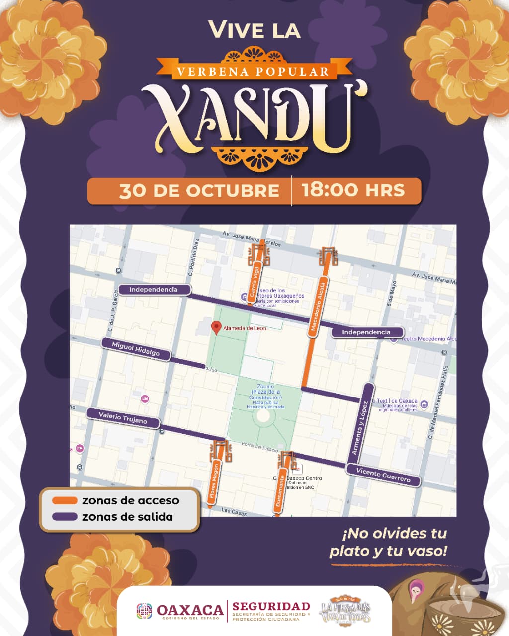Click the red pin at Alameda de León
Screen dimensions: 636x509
(216, 327)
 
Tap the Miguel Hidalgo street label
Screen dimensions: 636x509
(136, 349)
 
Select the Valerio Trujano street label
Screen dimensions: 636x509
(123, 418)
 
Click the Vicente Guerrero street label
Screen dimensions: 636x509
(383, 475)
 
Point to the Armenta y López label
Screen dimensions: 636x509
(359, 427)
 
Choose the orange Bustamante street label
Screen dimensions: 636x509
(281, 491)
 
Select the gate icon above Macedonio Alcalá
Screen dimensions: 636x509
(328, 256)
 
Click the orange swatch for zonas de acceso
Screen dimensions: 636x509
(65, 500)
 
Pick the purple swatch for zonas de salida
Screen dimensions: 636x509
(65, 517)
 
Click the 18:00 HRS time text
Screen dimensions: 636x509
(353, 190)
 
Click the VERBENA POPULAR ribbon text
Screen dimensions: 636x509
(253, 71)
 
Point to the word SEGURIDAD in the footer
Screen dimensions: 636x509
(271, 606)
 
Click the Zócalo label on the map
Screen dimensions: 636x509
(265, 386)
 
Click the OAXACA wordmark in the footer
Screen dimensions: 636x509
(189, 610)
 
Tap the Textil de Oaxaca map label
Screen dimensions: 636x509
(397, 401)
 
